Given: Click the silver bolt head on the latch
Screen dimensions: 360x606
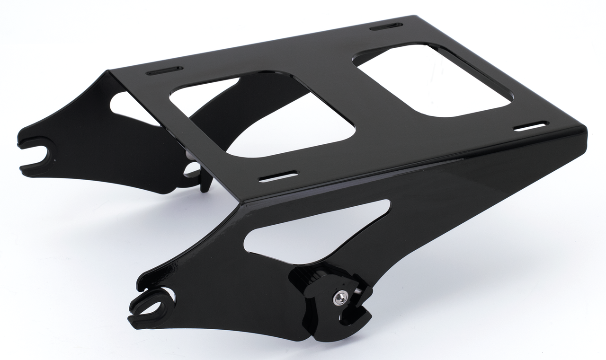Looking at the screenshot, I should coord(340,297).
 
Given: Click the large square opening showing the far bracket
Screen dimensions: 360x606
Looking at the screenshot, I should coord(263,116).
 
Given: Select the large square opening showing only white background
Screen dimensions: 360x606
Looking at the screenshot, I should coord(433,80).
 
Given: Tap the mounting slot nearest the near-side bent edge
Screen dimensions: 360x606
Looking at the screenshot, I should coord(278,176).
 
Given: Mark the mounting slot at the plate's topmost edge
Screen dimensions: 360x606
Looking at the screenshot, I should coord(386,26).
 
